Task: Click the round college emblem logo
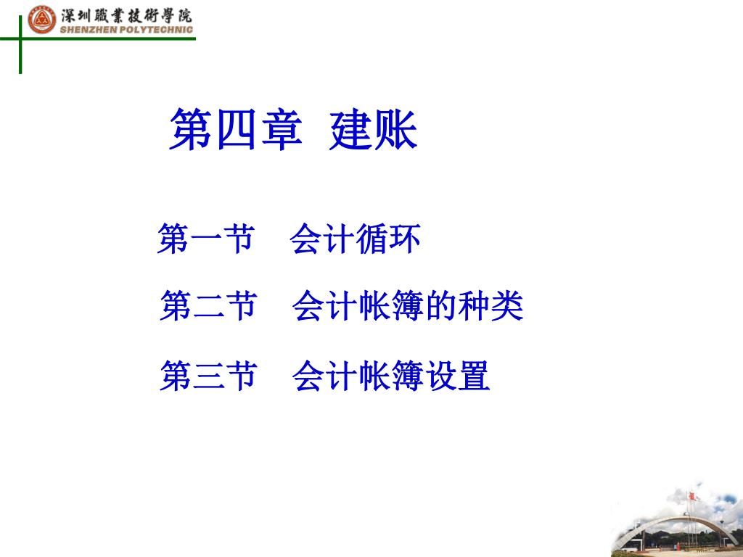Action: [41, 20]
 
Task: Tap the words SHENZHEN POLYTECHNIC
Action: [126, 30]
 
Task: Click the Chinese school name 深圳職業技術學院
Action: [126, 16]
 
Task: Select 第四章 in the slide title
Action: [236, 129]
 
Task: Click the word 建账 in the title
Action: [374, 129]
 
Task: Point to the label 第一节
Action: [206, 238]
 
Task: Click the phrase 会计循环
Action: [355, 238]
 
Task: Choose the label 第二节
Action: [209, 305]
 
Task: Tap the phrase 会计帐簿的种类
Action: [408, 305]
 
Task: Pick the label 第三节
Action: [209, 376]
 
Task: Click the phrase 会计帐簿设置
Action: [391, 376]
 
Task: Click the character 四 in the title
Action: [236, 129]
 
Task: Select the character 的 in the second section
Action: [440, 305]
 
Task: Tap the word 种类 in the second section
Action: [490, 305]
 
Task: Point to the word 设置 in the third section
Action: [457, 376]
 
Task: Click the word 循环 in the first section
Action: [388, 238]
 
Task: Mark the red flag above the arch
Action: [692, 496]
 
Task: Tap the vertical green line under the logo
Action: [20, 44]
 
